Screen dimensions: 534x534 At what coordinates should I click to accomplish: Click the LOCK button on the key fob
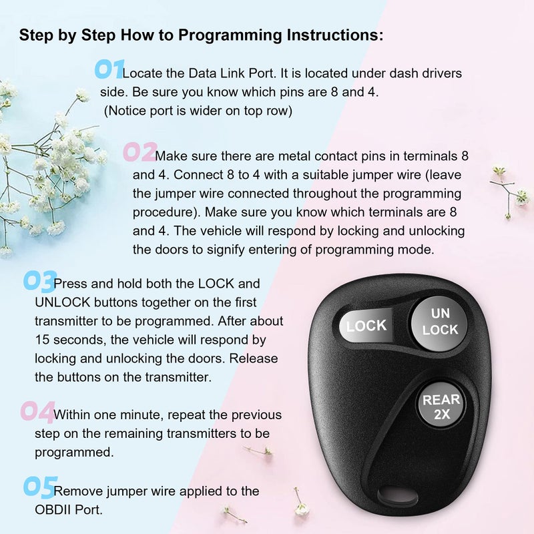click(366, 326)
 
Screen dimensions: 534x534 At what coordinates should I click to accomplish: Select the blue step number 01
click(108, 69)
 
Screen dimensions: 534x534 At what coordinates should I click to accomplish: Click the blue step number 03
click(39, 281)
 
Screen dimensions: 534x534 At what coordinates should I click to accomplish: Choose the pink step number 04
click(36, 412)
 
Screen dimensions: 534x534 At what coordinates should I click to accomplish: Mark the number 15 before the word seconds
click(42, 340)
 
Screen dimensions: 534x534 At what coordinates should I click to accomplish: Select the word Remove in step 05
click(74, 491)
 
